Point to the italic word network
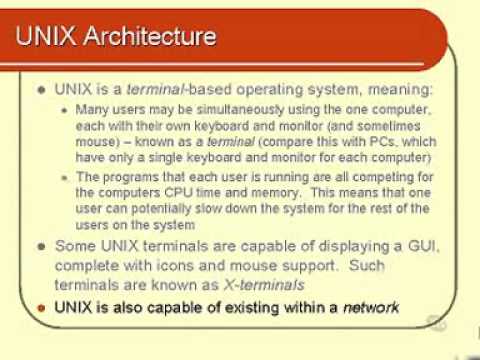[x=371, y=307]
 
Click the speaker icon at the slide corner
[x=435, y=322]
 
